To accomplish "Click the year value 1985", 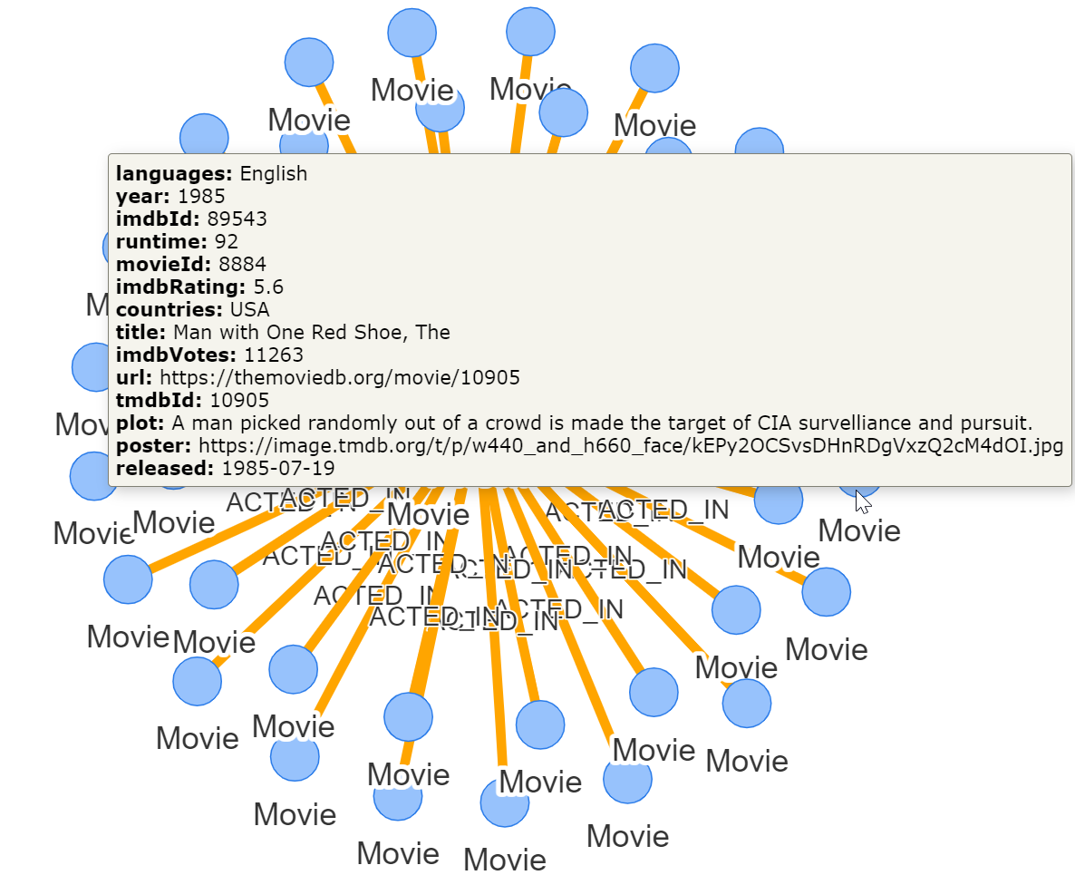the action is click(201, 196).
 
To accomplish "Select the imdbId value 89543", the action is click(237, 219).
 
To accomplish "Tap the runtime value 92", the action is click(226, 241).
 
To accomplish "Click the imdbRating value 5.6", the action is click(267, 287).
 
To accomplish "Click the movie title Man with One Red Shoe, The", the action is click(312, 332).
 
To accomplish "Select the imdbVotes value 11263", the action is click(274, 355).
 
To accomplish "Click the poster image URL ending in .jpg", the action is click(631, 445).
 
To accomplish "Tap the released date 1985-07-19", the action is click(278, 468).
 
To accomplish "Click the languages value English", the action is click(274, 173).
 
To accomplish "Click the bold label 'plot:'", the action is click(140, 423).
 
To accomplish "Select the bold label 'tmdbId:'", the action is click(160, 400).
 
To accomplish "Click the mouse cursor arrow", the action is click(862, 499).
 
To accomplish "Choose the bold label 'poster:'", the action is click(154, 445).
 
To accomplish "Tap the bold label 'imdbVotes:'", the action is click(177, 355).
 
